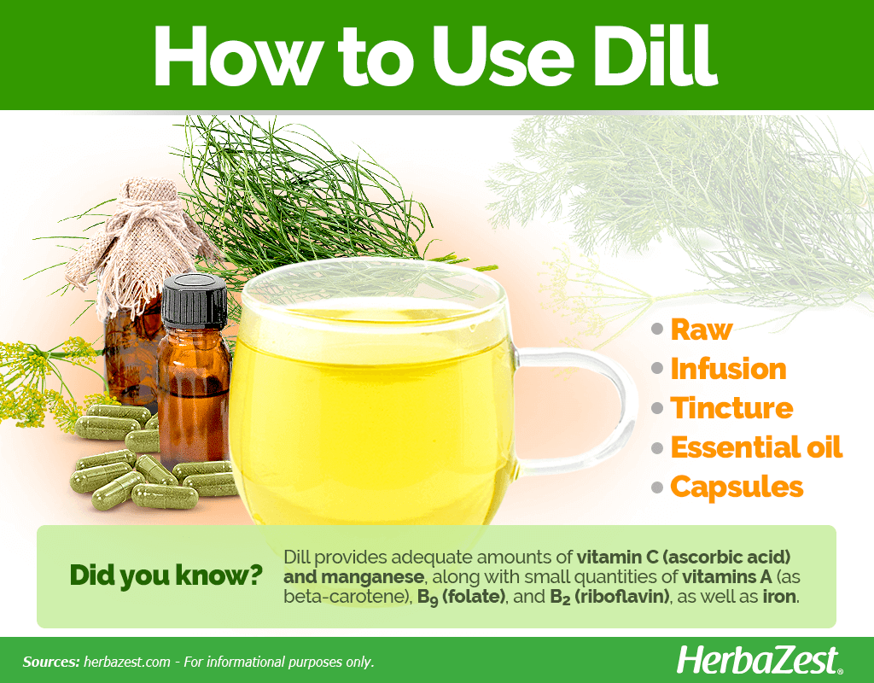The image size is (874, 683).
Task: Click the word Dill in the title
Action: (655, 55)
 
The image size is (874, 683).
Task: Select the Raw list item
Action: (702, 330)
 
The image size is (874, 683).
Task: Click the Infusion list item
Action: (728, 369)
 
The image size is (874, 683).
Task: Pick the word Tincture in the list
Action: (731, 408)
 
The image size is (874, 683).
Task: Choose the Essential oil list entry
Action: (756, 447)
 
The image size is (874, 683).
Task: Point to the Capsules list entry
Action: (737, 487)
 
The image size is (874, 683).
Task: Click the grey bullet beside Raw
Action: (658, 330)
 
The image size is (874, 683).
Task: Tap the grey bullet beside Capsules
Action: (658, 487)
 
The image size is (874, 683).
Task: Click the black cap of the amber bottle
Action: (195, 301)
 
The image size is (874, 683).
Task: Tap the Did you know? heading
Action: (166, 575)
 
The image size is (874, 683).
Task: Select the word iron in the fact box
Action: (779, 597)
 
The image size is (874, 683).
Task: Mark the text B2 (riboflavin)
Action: (609, 597)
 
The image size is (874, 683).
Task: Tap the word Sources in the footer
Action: (51, 662)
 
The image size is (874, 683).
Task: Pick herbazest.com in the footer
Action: (127, 662)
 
